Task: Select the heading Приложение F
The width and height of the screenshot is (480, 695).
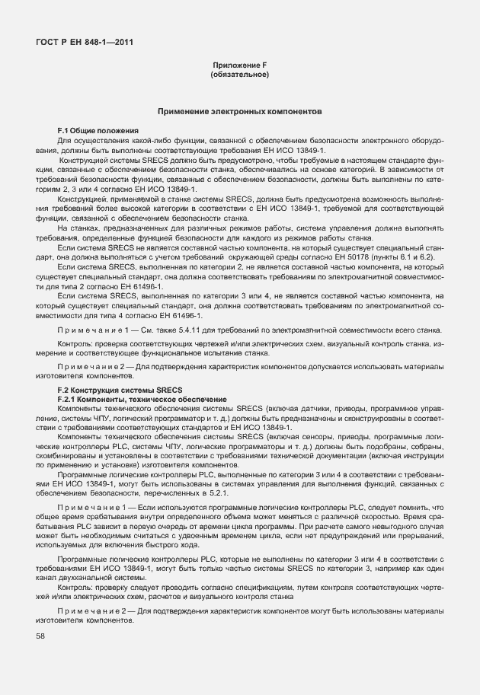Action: [239, 67]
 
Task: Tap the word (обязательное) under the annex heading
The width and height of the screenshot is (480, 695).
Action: [239, 75]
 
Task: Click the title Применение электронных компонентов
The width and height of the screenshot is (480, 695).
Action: [239, 112]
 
